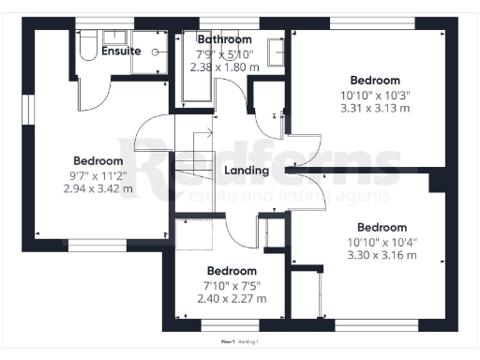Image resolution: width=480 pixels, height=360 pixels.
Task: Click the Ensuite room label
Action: [122, 51]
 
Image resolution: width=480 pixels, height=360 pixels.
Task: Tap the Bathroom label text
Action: [224, 40]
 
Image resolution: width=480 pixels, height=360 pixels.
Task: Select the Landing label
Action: [247, 171]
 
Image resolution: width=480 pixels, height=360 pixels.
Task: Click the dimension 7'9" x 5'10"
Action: [224, 54]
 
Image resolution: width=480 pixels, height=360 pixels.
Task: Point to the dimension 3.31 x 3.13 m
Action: [375, 108]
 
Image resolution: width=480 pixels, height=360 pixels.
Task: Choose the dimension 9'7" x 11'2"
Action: [97, 175]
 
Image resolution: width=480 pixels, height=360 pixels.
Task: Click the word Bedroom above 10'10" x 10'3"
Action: [375, 81]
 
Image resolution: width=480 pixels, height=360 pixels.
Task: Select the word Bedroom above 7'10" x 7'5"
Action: [231, 271]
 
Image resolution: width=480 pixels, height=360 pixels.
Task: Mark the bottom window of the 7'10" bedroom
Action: [231, 326]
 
